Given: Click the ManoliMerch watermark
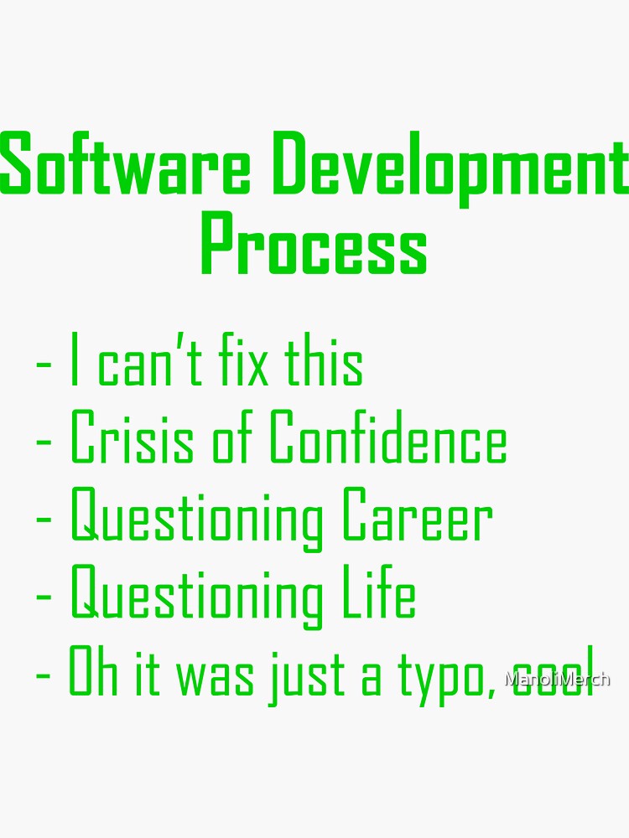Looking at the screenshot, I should click(x=557, y=679).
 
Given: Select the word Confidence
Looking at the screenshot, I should click(x=387, y=439).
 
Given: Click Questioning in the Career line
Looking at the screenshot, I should click(x=196, y=520).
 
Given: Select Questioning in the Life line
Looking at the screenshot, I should click(x=196, y=597).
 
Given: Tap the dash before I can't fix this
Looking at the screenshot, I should click(x=44, y=366).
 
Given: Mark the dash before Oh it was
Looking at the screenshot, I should click(x=44, y=675).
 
